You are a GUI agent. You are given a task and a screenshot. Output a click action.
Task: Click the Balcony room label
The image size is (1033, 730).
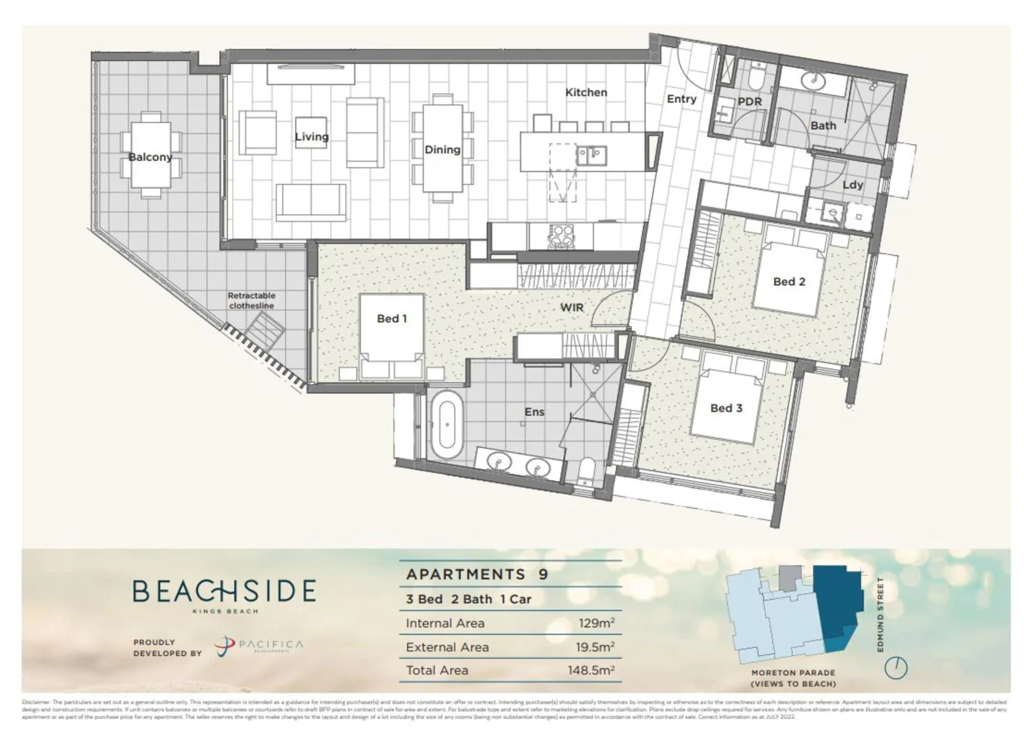coord(150,157)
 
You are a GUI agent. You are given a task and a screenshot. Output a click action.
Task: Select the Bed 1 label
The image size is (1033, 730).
coord(392,318)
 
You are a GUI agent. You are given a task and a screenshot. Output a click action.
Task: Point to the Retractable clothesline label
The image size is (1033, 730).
coord(251,301)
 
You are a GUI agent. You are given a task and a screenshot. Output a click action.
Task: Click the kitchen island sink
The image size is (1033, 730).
coord(591,155)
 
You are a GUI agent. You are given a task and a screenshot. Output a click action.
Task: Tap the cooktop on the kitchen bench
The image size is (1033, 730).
coord(561,237)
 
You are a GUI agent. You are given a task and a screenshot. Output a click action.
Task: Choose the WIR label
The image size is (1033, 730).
coord(572,308)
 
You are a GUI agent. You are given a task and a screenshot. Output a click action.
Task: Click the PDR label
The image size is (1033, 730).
coord(750,101)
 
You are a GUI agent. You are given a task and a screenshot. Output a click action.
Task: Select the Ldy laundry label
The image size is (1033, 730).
coord(852,185)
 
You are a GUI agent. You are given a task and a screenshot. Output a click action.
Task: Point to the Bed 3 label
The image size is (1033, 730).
coord(726,408)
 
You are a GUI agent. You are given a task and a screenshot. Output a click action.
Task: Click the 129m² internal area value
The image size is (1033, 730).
coord(596,623)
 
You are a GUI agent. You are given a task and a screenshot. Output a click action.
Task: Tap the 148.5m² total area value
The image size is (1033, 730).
coord(591,671)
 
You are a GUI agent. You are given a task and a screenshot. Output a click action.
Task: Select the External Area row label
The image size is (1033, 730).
coord(447,647)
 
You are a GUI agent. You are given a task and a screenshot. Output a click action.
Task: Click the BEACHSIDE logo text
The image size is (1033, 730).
coord(224,591)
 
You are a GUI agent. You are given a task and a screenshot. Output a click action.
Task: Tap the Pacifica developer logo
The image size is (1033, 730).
coord(259,647)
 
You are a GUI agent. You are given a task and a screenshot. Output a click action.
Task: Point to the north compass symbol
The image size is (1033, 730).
coord(896,667)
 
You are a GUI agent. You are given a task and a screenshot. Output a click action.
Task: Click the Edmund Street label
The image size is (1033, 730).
coord(880,614)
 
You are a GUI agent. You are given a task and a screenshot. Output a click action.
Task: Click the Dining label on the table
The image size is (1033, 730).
coord(442,149)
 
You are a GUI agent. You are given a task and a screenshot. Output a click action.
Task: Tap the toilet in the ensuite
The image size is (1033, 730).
coord(587,470)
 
